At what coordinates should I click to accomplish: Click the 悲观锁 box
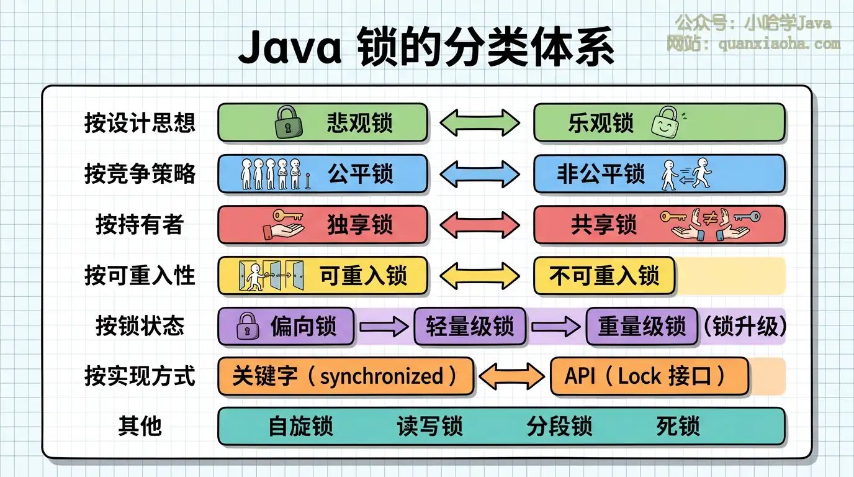coord(323,122)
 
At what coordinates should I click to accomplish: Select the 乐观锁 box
coord(659,122)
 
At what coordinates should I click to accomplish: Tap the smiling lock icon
coord(665,122)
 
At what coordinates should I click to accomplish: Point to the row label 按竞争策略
coord(140,173)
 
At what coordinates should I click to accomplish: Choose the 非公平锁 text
coord(600,173)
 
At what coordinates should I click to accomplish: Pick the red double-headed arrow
coord(480,224)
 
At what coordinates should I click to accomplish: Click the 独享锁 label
coord(359,224)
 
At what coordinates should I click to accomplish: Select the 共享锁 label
coord(603,224)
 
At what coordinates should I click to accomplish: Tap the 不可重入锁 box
coord(604,275)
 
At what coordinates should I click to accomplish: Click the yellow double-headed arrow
coord(480,275)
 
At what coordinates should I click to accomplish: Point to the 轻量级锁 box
coord(470,326)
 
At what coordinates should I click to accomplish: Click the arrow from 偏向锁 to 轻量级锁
coord(384,327)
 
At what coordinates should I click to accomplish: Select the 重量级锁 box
coord(642,326)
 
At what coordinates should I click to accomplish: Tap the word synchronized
coord(381,376)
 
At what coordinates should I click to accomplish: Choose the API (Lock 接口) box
coord(649,376)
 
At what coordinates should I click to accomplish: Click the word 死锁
coord(678,427)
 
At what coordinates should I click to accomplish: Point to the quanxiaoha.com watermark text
coord(779,44)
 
